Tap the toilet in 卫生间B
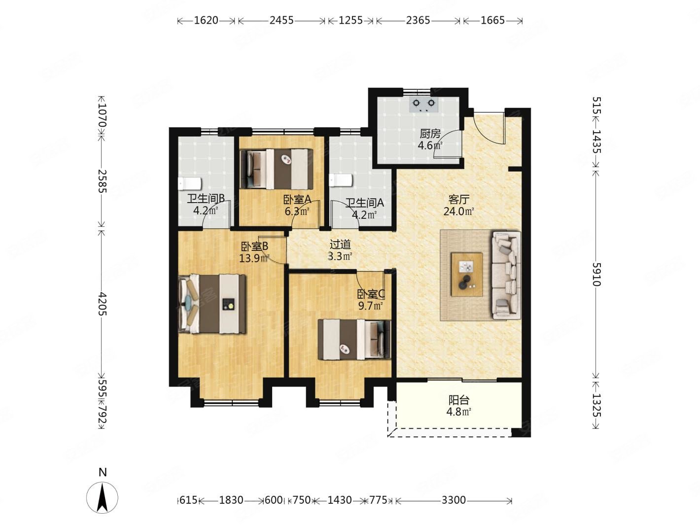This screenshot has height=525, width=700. point(189,183)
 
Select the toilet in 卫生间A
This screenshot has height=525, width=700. point(341,180)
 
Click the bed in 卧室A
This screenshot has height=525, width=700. point(276,169)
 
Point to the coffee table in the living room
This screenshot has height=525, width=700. point(466,275)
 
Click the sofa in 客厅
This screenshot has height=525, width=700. point(506,276)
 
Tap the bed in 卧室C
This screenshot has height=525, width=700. point(354,340)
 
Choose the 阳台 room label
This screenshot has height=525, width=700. point(458,400)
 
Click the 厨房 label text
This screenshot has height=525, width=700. point(430,134)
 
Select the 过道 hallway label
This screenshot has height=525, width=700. point(340,245)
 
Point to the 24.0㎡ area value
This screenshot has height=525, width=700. point(458,211)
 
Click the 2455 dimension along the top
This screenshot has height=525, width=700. point(281,20)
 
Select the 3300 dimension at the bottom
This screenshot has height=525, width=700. point(454,500)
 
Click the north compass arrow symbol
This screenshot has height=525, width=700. point(102,498)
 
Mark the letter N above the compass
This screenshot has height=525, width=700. point(103,472)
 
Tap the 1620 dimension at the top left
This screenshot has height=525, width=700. point(206,20)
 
